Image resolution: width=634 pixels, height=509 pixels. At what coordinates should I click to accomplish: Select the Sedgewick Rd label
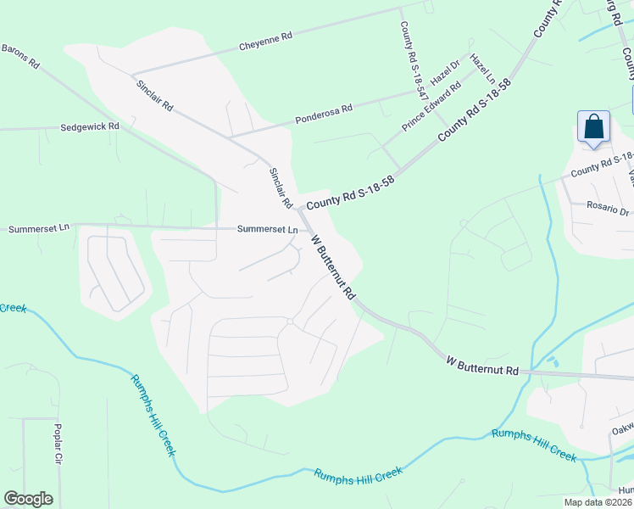pos(90,126)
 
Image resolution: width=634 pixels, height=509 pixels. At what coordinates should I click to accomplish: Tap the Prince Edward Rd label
pos(431,106)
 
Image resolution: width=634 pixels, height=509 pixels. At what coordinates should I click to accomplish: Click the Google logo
pos(28,499)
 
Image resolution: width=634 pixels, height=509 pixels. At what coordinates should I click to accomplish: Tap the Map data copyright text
pos(598,502)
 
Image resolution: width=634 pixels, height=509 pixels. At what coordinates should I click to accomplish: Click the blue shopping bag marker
pos(594,127)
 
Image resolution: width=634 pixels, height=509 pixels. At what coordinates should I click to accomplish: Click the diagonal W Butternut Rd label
pos(333,266)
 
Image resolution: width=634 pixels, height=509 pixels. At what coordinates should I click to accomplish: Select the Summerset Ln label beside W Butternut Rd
pos(267,229)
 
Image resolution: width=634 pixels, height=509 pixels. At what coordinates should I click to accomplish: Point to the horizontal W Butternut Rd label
pos(481,366)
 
